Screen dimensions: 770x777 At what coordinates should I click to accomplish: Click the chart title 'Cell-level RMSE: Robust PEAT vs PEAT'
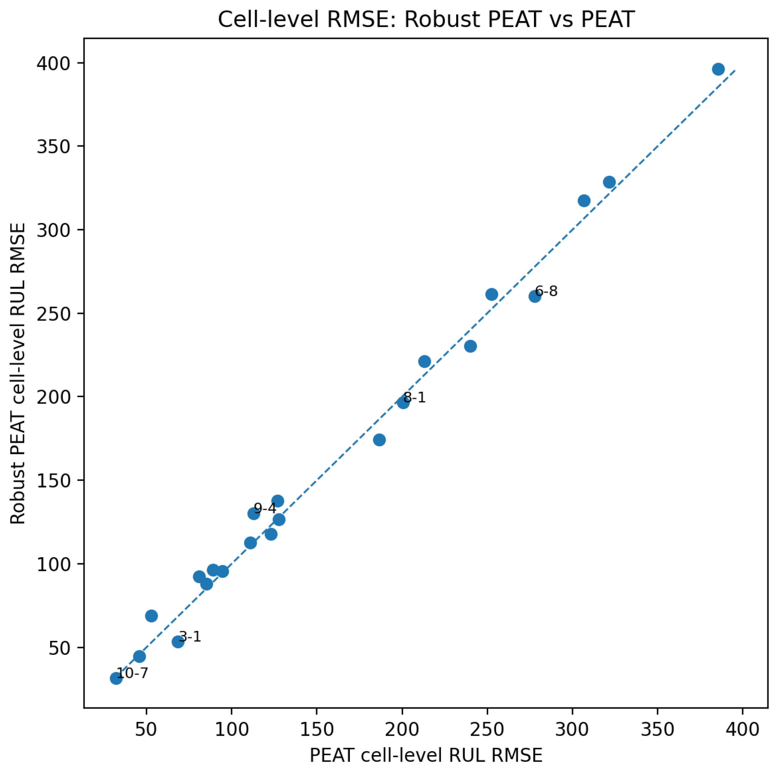(x=426, y=19)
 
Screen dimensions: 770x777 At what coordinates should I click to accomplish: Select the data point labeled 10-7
(x=116, y=678)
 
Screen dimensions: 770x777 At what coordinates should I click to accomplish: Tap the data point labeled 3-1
(x=178, y=641)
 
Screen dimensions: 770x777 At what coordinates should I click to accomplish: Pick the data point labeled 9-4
(x=254, y=514)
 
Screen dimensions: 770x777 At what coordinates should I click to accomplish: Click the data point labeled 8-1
(x=403, y=403)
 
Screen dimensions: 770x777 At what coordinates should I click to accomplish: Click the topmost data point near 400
(x=718, y=69)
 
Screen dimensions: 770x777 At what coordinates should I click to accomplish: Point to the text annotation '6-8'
(x=546, y=291)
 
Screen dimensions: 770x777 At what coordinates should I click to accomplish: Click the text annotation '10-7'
(x=132, y=673)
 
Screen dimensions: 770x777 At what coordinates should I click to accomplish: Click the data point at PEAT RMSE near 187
(x=379, y=440)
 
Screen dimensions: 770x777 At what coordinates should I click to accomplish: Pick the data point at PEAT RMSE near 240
(x=470, y=346)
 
